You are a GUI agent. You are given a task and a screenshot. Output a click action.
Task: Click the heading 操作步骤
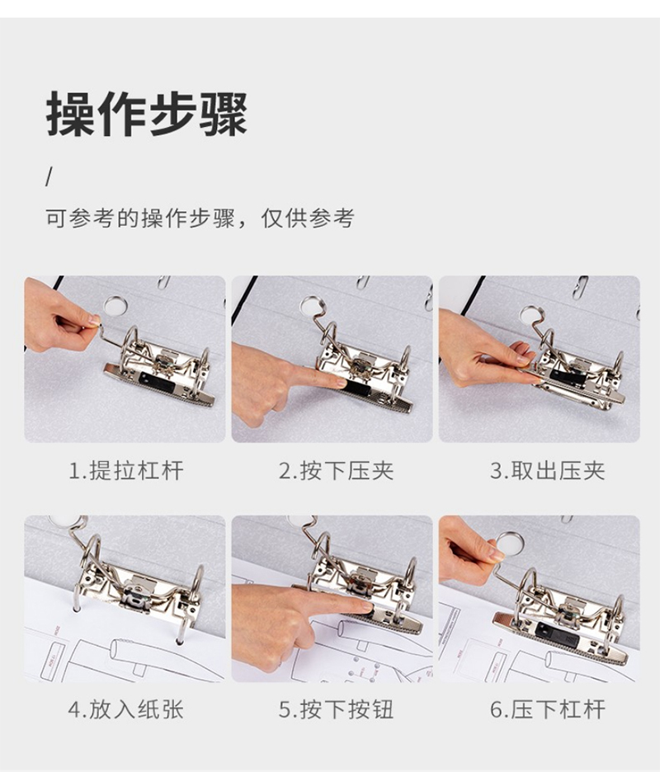coord(147,114)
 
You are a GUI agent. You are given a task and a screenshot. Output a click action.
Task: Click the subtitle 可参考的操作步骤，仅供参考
coord(200,218)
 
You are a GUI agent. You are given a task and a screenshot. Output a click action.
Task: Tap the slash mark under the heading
coord(49,177)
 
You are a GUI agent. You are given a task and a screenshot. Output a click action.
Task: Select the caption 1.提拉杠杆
coord(126,471)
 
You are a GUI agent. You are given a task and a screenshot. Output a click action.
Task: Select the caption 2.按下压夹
coord(337,471)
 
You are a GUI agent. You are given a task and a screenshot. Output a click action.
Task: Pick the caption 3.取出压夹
coord(547,471)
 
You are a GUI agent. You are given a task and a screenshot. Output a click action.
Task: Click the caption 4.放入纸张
coord(126,709)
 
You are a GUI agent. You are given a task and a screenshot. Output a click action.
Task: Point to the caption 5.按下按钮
coord(337,709)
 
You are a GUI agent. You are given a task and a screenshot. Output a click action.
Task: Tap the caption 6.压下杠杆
coord(547,709)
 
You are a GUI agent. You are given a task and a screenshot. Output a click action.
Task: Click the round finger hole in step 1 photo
coord(115,305)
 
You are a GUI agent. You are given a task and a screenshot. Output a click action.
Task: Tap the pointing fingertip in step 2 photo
coord(339,382)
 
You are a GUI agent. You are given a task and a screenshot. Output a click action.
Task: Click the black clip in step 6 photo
coord(557,632)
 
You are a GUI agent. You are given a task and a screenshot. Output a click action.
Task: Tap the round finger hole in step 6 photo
coord(510,544)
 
